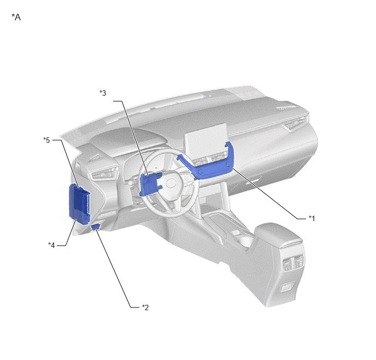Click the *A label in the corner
16,17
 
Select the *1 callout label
312,218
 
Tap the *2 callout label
145,307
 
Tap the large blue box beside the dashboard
79,204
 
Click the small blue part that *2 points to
96,227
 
